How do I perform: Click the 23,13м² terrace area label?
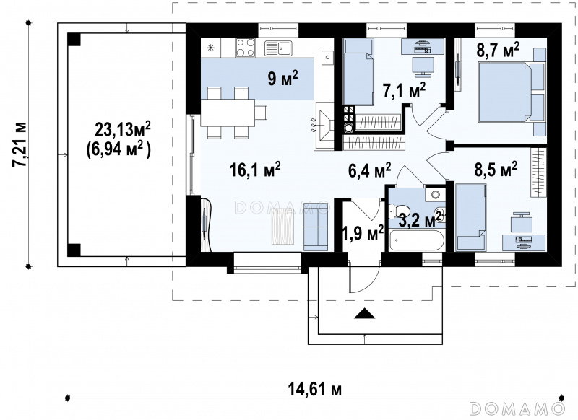(x=122, y=129)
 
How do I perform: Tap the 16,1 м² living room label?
(x=255, y=170)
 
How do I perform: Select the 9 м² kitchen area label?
(x=282, y=79)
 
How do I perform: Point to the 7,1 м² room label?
(x=405, y=91)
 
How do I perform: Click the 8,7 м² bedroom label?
(x=498, y=51)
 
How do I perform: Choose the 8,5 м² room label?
(x=496, y=170)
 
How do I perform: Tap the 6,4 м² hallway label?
(x=370, y=170)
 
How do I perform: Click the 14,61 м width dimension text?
(x=314, y=389)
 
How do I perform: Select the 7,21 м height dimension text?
(x=20, y=144)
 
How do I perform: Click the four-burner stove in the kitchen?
(x=246, y=48)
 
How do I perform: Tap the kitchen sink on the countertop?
(x=278, y=48)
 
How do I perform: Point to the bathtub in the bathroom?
(x=415, y=241)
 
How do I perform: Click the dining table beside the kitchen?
(x=231, y=113)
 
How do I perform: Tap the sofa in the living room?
(x=316, y=232)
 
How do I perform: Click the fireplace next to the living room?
(x=324, y=126)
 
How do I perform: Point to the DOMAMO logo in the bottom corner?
(x=517, y=408)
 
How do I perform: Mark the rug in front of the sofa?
(x=282, y=227)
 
